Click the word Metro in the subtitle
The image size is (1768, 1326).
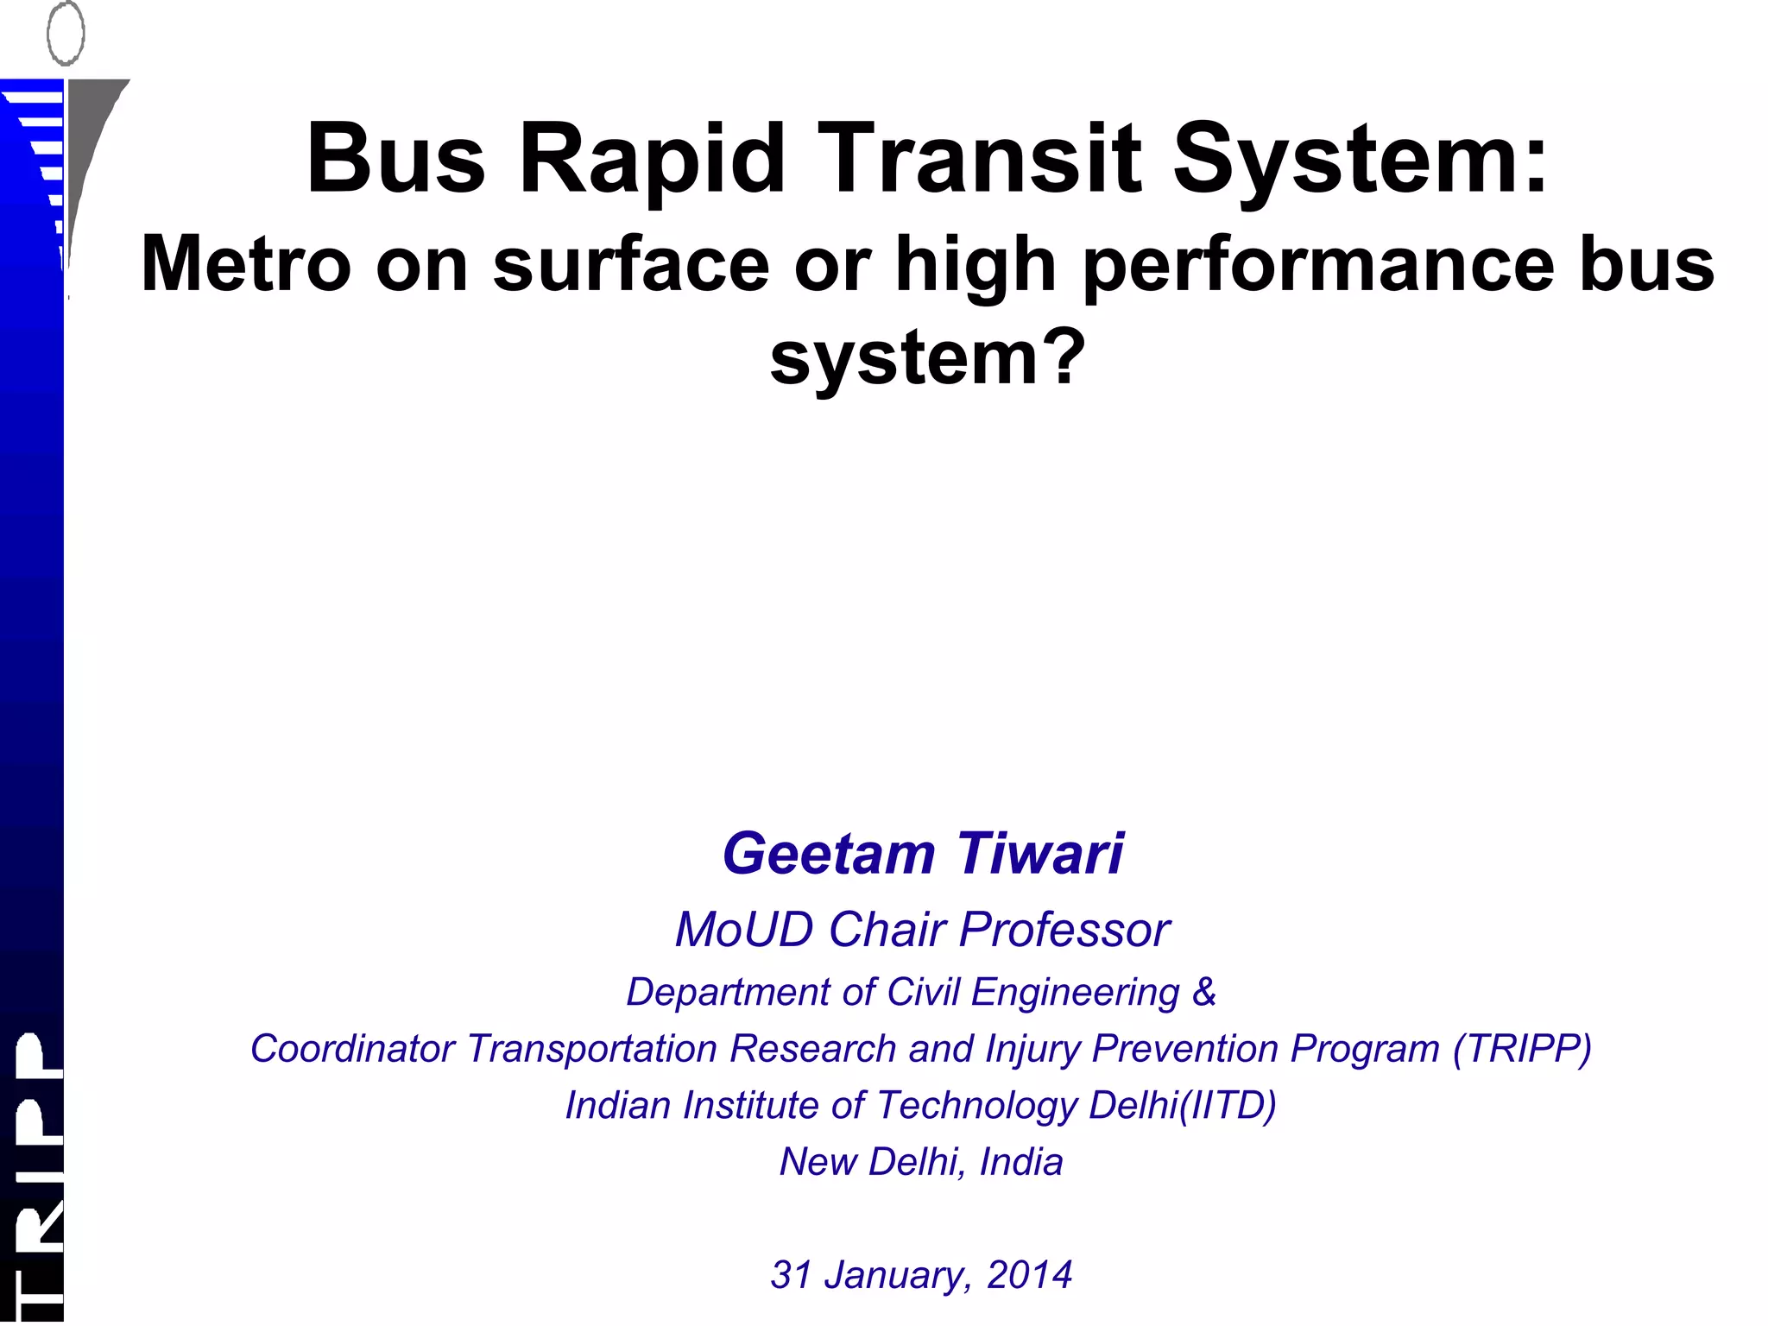click(246, 265)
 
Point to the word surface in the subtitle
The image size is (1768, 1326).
click(630, 265)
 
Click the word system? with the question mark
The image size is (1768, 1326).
click(926, 358)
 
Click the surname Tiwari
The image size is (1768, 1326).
click(1040, 854)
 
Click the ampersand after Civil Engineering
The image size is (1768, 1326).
click(1204, 992)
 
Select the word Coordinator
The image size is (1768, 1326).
click(352, 1049)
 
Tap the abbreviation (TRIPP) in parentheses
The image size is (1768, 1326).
click(1522, 1049)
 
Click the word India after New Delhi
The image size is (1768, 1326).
click(1021, 1162)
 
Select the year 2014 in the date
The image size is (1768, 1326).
click(1030, 1275)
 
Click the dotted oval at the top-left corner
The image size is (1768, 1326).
click(66, 33)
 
